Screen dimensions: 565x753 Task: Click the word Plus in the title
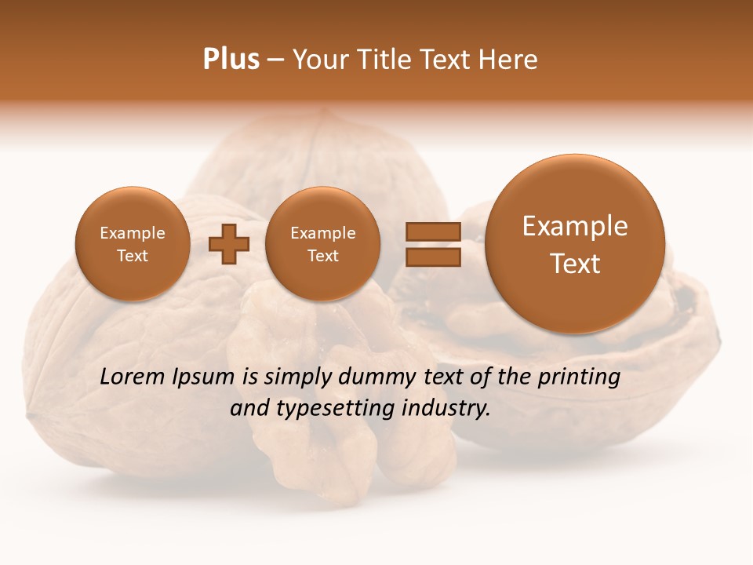[x=231, y=59]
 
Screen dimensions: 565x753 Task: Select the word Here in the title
[x=509, y=59]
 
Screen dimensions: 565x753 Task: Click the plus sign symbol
[x=229, y=244]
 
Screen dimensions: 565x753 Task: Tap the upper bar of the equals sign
[x=432, y=231]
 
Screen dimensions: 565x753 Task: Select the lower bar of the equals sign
[x=432, y=257]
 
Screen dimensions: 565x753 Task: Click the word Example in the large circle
[x=575, y=226]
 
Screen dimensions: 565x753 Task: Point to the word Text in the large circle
[x=575, y=264]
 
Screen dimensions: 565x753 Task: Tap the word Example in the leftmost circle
[x=133, y=233]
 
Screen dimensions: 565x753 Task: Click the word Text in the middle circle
[x=322, y=256]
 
